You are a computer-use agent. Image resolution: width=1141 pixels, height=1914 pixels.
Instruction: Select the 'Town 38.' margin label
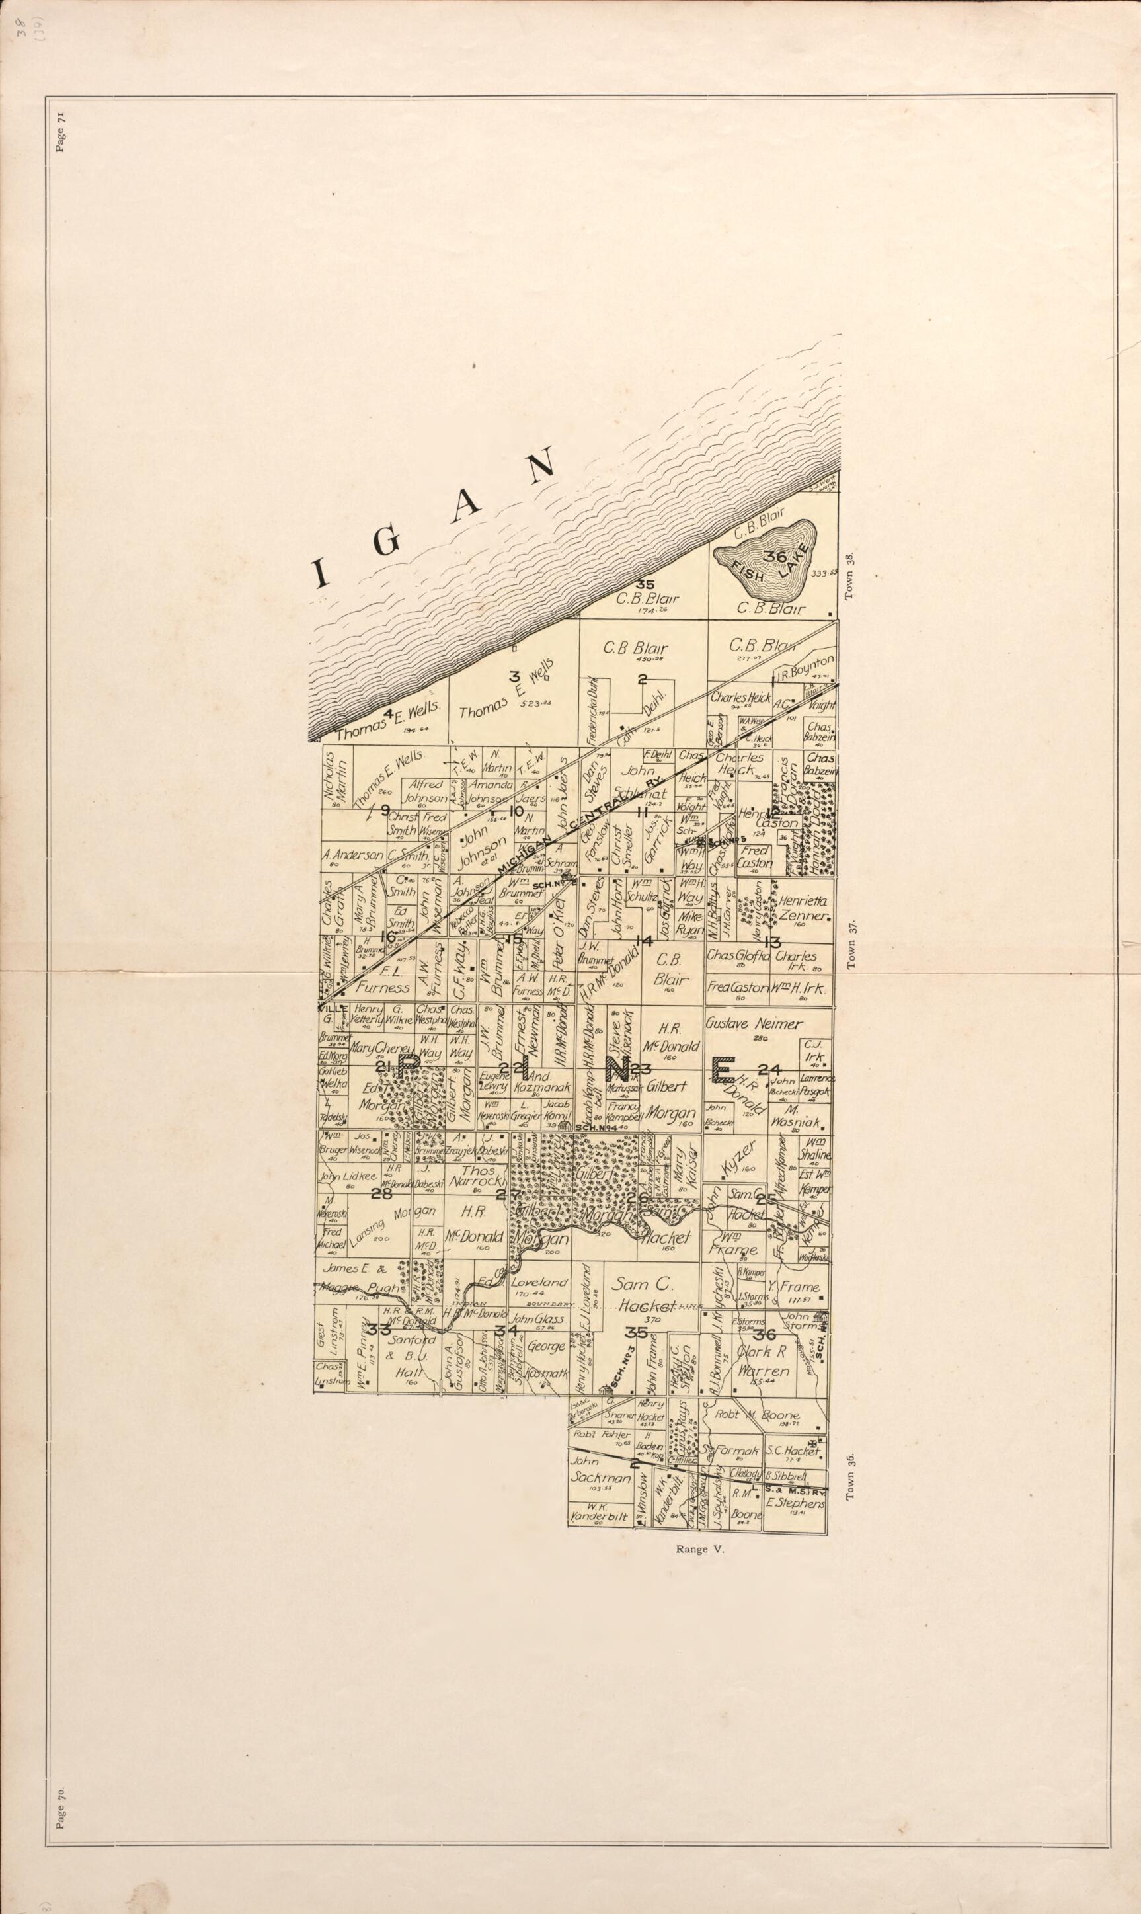850,577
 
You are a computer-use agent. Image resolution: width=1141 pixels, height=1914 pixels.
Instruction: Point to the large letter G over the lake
388,542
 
